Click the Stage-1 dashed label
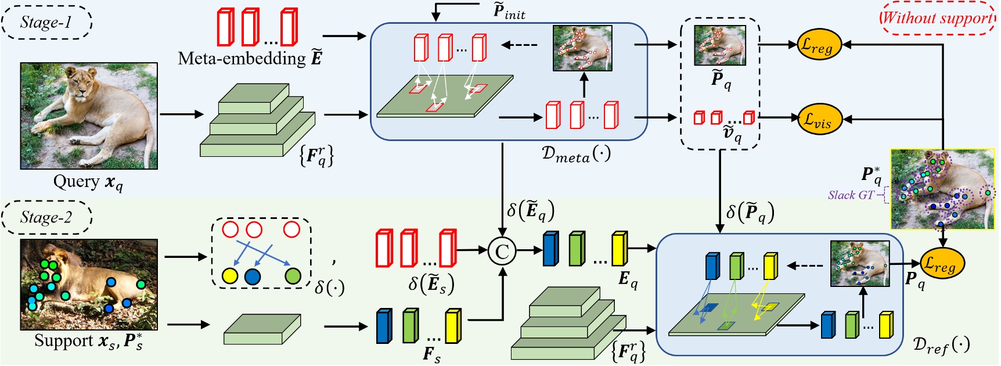[x=46, y=23]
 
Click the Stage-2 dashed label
[x=46, y=218]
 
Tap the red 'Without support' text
[x=937, y=17]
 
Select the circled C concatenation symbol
[x=502, y=251]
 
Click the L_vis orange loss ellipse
[x=819, y=119]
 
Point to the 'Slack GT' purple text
[x=851, y=195]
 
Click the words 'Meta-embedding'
[x=242, y=58]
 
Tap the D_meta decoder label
[x=575, y=154]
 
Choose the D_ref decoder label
[x=941, y=345]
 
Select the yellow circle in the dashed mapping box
[x=230, y=275]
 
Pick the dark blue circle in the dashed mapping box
[x=253, y=276]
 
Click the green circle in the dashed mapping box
[x=293, y=275]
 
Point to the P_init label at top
[x=509, y=12]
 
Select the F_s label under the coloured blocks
[x=431, y=354]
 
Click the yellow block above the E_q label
[x=619, y=249]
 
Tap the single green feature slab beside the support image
[x=262, y=329]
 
